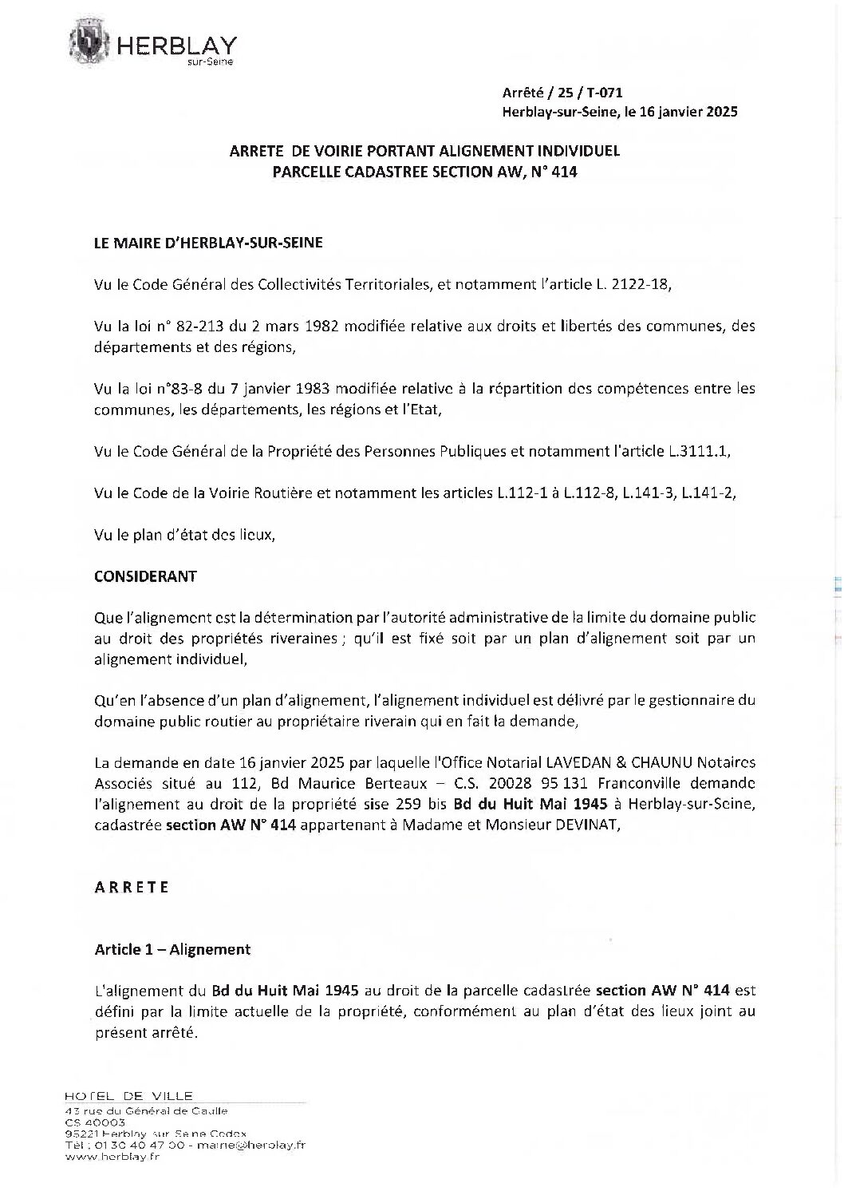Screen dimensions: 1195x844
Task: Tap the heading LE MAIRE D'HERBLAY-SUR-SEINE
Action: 208,243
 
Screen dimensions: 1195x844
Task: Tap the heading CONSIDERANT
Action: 145,576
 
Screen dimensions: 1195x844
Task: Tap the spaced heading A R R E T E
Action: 132,887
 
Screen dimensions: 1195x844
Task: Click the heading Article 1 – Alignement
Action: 172,949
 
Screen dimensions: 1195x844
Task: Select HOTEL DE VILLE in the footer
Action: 128,1096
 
